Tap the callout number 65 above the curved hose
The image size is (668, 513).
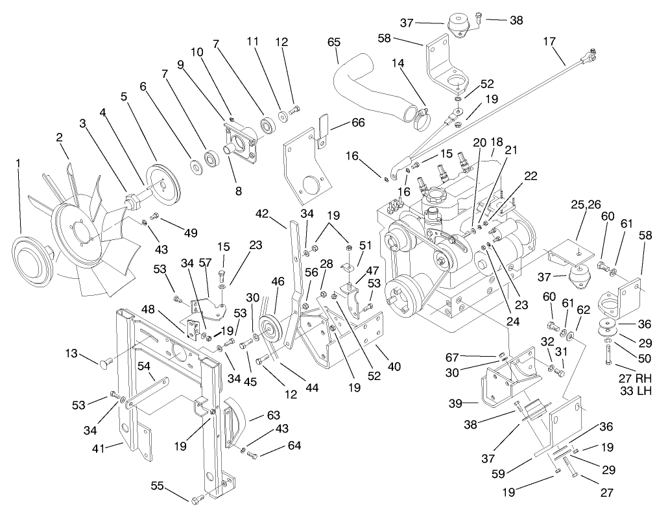(x=334, y=43)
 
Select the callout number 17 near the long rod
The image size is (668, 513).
(x=550, y=42)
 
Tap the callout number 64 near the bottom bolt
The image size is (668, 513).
(x=295, y=446)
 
